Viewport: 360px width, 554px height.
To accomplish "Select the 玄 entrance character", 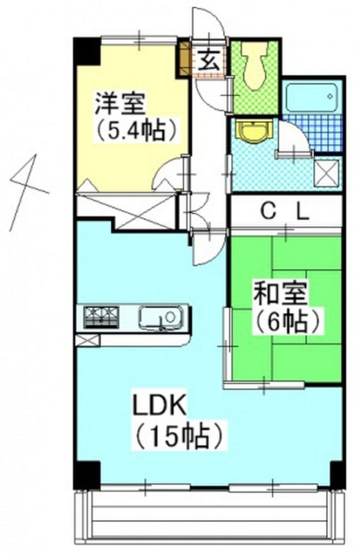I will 209,60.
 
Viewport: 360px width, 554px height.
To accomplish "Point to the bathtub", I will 309,97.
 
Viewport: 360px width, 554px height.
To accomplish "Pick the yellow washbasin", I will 252,132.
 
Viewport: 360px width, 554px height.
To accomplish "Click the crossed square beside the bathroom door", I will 327,172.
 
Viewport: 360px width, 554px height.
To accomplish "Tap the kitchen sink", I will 161,318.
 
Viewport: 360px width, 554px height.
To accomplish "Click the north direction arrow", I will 26,177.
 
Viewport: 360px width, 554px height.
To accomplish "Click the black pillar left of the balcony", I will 85,473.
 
